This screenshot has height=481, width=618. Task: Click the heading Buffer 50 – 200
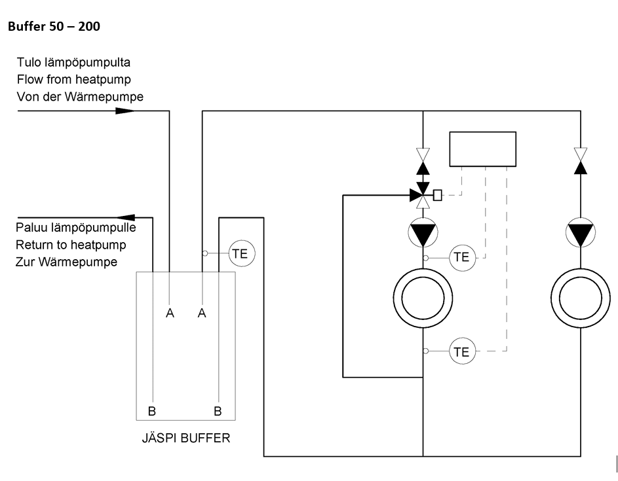click(54, 26)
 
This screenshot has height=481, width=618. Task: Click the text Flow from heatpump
click(73, 79)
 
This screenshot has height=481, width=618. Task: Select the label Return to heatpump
click(71, 245)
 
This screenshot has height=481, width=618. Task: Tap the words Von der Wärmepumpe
click(80, 96)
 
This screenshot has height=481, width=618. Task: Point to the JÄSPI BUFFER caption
click(185, 438)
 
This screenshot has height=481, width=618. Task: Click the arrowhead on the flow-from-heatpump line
click(125, 111)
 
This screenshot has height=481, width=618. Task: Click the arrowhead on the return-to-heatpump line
click(126, 218)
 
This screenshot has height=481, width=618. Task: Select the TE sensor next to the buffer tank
click(242, 253)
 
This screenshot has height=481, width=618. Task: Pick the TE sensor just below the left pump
click(462, 258)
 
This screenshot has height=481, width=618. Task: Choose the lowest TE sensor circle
click(462, 351)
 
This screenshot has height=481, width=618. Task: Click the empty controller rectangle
click(483, 149)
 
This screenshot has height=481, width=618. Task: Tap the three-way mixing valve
click(423, 195)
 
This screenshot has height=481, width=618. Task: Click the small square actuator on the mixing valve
click(438, 195)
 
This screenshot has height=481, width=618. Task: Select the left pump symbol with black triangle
click(423, 232)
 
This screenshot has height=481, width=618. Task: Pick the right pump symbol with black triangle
click(581, 232)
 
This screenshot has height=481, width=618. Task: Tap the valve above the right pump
click(581, 161)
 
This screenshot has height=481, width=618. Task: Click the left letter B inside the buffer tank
click(152, 412)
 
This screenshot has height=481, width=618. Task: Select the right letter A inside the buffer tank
click(202, 313)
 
